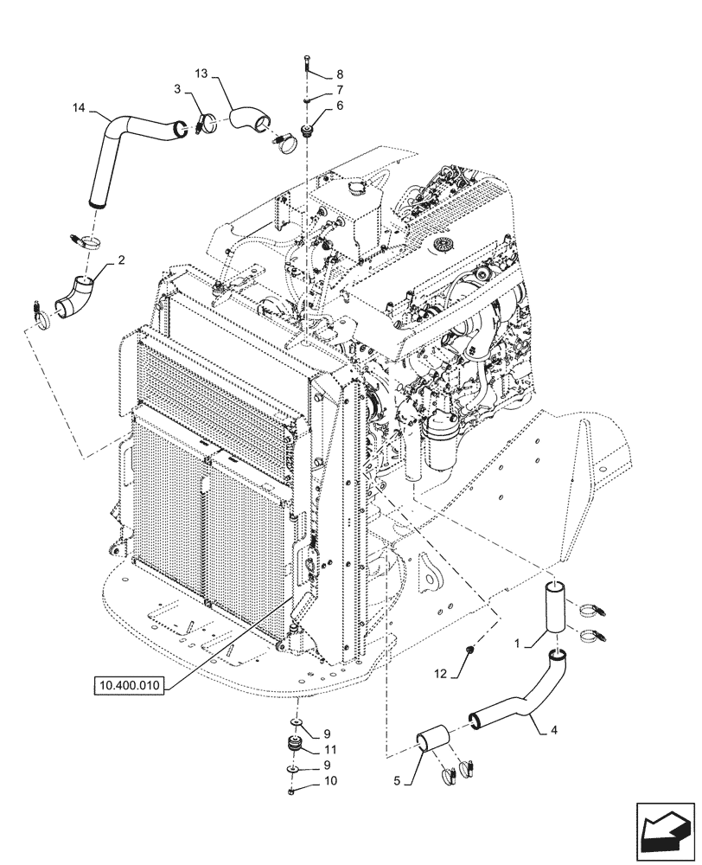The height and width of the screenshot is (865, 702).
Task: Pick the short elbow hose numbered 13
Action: pos(250,119)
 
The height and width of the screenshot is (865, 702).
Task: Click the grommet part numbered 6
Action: pos(306,131)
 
